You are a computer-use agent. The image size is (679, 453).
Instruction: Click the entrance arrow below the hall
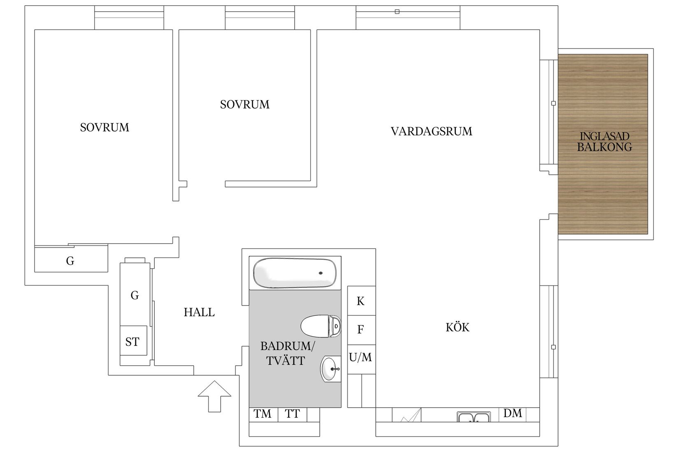pyautogui.click(x=214, y=396)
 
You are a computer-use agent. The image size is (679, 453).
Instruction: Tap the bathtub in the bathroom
pyautogui.click(x=295, y=273)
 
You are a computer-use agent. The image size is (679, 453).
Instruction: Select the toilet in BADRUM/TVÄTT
pyautogui.click(x=321, y=327)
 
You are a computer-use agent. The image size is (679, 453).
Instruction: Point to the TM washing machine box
pyautogui.click(x=263, y=414)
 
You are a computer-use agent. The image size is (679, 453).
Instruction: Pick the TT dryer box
pyautogui.click(x=293, y=414)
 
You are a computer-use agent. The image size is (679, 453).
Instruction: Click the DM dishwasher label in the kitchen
pyautogui.click(x=512, y=413)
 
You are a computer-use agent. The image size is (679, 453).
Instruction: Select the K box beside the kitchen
pyautogui.click(x=361, y=301)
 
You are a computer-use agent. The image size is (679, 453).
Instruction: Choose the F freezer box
pyautogui.click(x=361, y=329)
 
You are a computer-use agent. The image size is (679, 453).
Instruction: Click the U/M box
pyautogui.click(x=361, y=357)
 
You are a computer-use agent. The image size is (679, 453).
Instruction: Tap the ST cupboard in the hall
pyautogui.click(x=133, y=341)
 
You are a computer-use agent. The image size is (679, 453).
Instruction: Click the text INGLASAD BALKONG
pyautogui.click(x=604, y=142)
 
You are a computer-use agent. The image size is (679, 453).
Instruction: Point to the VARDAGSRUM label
pyautogui.click(x=431, y=131)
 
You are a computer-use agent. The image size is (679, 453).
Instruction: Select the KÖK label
pyautogui.click(x=457, y=327)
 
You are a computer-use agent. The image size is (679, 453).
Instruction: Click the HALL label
pyautogui.click(x=199, y=313)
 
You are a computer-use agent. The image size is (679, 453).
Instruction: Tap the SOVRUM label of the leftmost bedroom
pyautogui.click(x=105, y=128)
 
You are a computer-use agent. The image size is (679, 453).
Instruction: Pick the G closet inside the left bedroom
pyautogui.click(x=70, y=261)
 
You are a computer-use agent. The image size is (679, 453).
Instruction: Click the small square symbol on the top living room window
pyautogui.click(x=397, y=12)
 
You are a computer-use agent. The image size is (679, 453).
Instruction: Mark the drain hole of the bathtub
pyautogui.click(x=321, y=273)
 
